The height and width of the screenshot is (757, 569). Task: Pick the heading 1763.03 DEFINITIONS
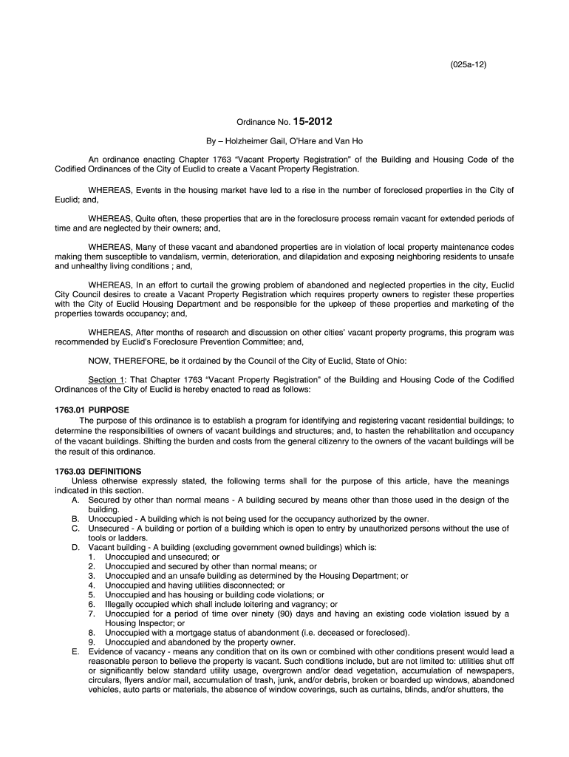pos(98,472)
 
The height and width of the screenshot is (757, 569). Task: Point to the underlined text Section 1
pos(106,380)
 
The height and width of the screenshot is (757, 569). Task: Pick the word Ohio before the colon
pos(393,361)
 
